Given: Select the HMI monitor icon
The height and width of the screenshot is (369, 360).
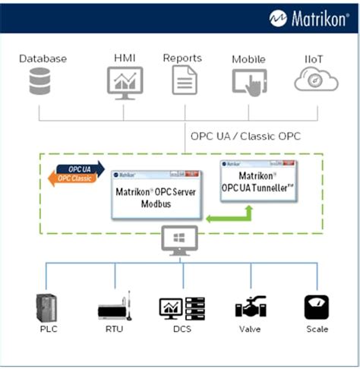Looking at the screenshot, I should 125,81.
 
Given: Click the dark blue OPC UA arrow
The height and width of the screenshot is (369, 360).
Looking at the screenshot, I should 81,168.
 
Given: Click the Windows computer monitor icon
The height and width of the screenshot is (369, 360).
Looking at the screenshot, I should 180,241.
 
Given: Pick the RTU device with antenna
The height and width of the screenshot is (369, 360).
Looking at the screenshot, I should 115,307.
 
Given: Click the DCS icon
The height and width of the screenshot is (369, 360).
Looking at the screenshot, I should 182,307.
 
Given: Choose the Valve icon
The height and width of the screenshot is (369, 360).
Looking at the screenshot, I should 250,307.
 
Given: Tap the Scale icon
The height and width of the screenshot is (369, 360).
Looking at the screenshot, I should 316,307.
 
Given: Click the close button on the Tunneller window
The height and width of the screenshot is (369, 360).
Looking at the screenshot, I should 291,164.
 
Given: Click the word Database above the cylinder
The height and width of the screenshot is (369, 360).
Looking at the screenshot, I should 43,58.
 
